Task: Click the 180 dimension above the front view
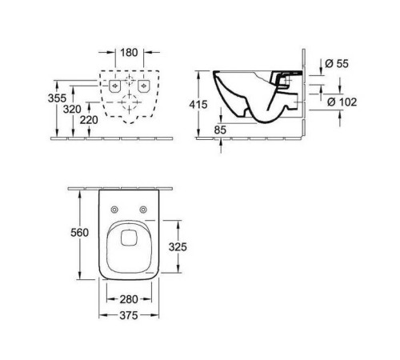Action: (x=130, y=54)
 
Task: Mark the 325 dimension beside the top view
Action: (x=178, y=247)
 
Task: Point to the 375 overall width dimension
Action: (x=130, y=314)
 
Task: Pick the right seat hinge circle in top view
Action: (x=144, y=210)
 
